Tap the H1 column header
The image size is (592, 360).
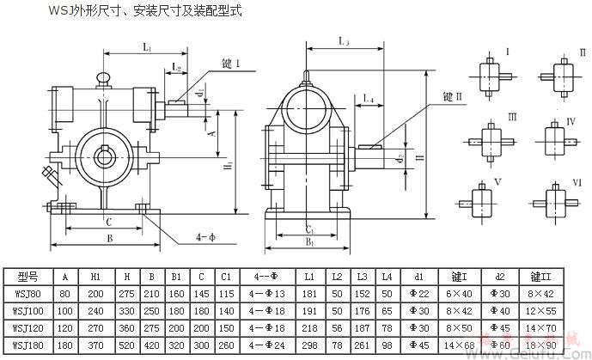pyautogui.click(x=97, y=276)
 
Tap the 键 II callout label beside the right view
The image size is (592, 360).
pyautogui.click(x=453, y=95)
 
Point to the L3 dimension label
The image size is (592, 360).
pyautogui.click(x=343, y=40)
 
